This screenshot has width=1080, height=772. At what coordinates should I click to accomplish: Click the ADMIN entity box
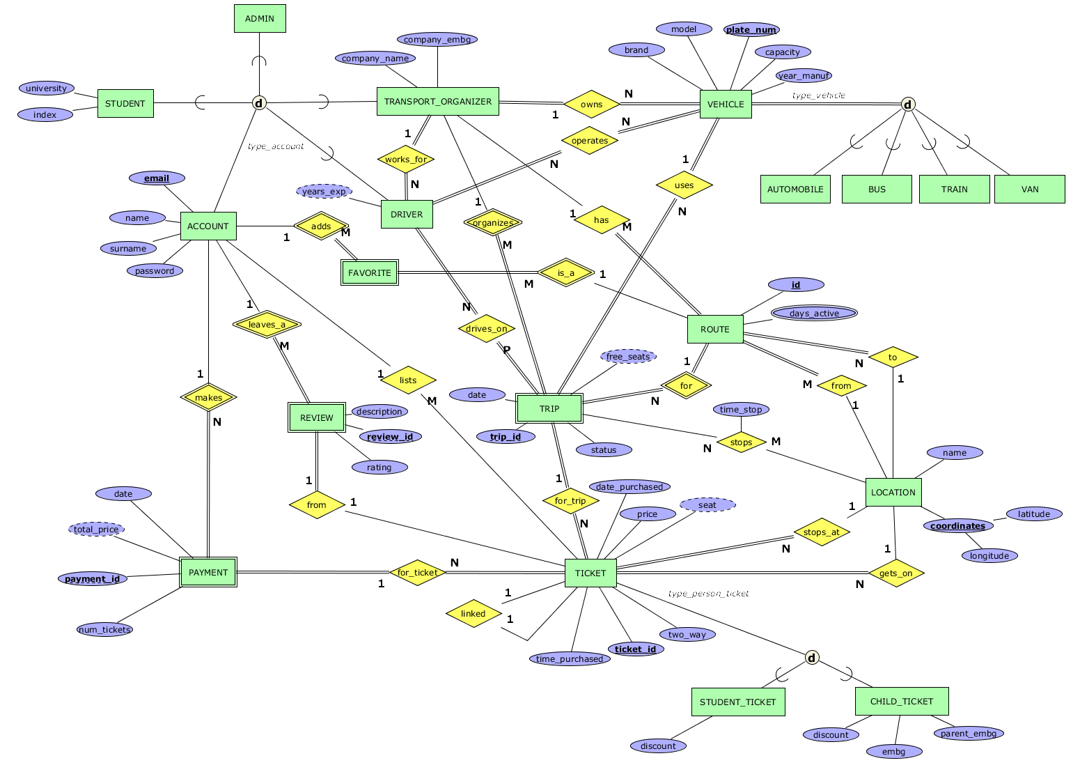pos(259,19)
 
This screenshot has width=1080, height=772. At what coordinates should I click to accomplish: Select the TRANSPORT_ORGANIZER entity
pos(437,102)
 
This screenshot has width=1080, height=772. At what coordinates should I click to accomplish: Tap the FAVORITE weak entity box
pos(369,272)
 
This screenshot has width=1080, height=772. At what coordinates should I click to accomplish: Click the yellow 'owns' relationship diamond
pos(591,105)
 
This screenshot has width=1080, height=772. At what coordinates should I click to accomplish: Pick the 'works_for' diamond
pos(406,160)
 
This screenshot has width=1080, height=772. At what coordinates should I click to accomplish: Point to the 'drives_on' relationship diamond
pos(486,329)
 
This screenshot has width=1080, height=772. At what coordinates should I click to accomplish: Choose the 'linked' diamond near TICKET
pos(473,614)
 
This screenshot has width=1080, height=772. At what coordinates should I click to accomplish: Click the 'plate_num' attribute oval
pos(751,29)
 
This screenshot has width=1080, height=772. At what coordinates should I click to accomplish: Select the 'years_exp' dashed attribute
pos(324,191)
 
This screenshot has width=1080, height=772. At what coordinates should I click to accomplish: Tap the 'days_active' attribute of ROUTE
pos(814,314)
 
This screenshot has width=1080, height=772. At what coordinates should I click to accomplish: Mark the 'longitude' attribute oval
pos(989,556)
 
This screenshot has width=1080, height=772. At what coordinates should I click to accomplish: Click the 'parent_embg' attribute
pos(968,733)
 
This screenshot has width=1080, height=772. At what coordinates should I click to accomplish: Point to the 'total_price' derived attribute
pos(97,530)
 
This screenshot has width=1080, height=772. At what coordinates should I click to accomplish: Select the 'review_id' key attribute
pos(390,437)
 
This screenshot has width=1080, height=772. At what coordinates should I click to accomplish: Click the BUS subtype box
pos(877,189)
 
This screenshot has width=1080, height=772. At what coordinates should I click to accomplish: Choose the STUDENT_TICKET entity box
pos(737,702)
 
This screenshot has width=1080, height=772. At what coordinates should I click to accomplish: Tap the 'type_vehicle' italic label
pos(818,95)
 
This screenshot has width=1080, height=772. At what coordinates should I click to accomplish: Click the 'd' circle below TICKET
pos(812,658)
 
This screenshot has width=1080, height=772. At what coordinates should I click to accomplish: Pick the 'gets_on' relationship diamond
pos(895,573)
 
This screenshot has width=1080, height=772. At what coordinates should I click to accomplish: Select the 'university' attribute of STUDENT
pos(46,88)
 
